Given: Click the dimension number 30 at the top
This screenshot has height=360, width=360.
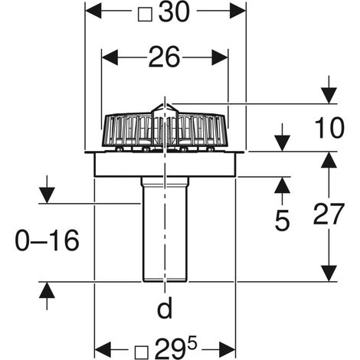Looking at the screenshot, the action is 175,13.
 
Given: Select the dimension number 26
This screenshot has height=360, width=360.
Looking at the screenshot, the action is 165,57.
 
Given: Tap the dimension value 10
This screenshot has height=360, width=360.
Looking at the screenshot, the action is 329,128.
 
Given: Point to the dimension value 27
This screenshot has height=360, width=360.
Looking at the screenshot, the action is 329,214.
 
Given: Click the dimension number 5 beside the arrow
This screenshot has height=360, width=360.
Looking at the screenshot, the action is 283,220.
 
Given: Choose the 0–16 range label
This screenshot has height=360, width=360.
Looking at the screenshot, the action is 47,241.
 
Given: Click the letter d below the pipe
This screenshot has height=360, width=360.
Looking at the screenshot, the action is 165,308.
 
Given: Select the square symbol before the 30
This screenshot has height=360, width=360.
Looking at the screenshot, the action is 145,15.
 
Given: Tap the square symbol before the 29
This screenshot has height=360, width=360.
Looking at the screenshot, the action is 142,351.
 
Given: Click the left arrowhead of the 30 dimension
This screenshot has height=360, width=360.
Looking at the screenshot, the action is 93,11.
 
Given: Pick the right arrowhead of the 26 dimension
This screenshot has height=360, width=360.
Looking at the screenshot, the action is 220,57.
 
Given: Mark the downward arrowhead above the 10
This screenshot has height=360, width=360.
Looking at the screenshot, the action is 329,96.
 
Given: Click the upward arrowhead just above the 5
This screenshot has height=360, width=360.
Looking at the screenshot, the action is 283,185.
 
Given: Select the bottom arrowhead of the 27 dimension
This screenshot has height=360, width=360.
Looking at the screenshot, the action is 329,273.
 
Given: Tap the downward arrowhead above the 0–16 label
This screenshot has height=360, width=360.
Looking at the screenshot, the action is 47,195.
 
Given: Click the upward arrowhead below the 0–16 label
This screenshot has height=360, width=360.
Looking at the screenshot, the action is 47,290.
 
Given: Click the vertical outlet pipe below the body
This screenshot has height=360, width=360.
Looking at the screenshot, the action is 165,229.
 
